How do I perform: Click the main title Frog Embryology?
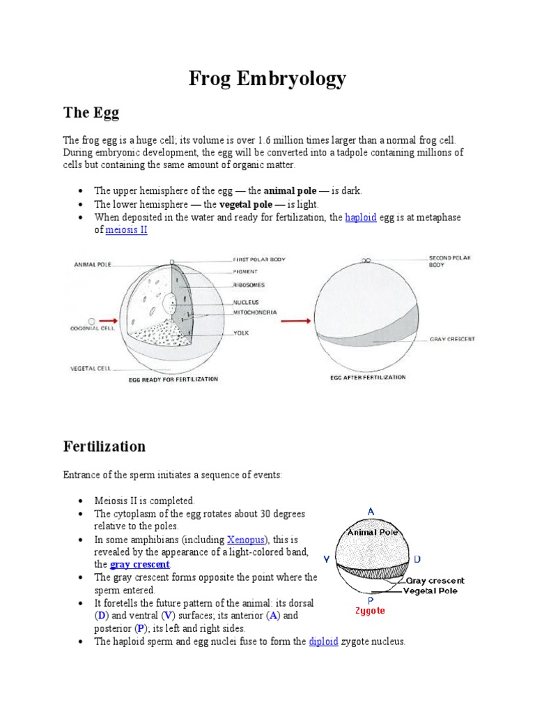267,79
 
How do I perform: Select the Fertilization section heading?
104,446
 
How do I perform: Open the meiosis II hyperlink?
126,230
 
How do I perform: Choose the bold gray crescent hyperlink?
139,564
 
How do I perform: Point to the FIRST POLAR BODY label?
259,259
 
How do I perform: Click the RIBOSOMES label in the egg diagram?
248,285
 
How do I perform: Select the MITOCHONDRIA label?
255,312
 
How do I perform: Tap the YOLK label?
242,333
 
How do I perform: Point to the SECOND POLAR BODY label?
450,261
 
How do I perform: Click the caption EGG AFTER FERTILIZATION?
367,377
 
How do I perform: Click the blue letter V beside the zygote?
326,559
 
